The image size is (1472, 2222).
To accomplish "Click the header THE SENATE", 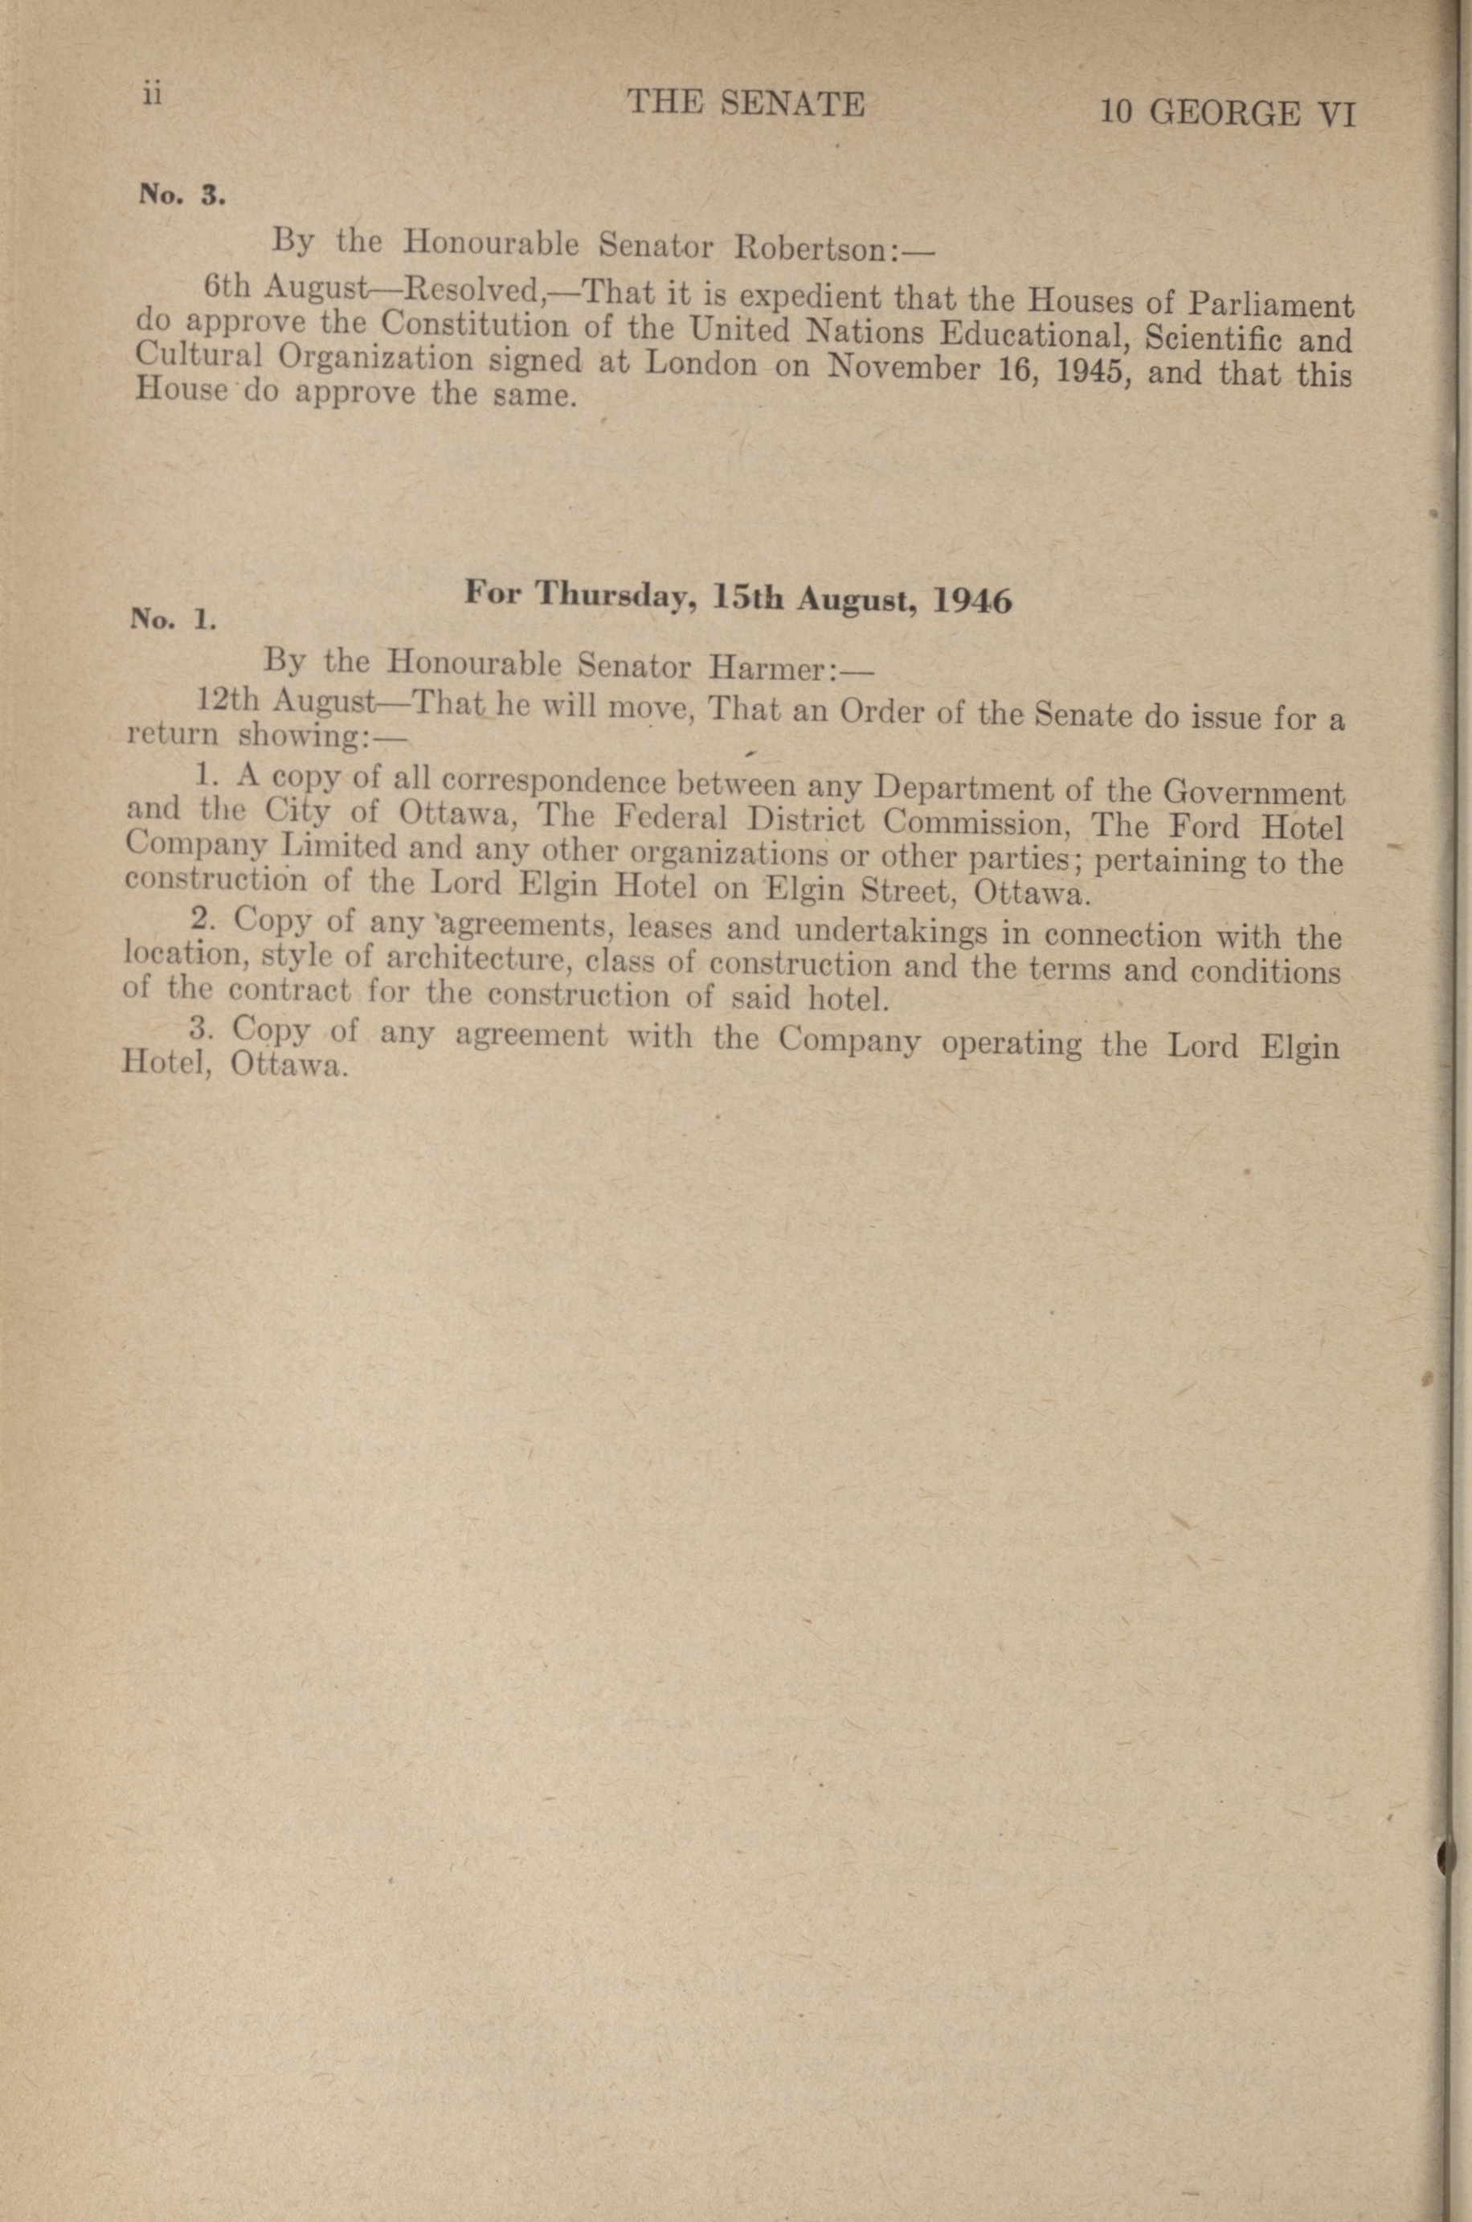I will [746, 102].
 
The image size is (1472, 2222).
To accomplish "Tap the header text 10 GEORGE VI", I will [1228, 113].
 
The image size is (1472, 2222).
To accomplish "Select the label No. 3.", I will [181, 195].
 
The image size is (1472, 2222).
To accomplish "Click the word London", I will [701, 363].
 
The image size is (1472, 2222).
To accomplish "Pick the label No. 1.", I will [174, 618].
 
